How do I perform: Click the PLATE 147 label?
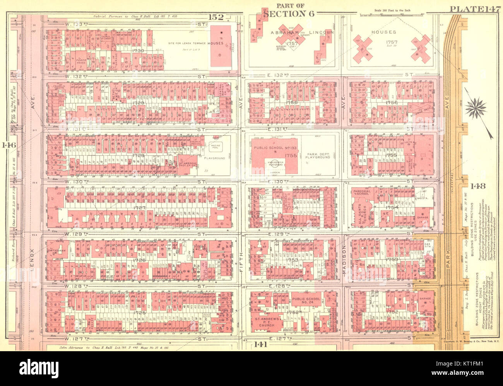pos(475,9)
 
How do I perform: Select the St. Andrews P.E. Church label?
pos(264,322)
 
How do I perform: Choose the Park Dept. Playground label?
pos(317,155)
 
